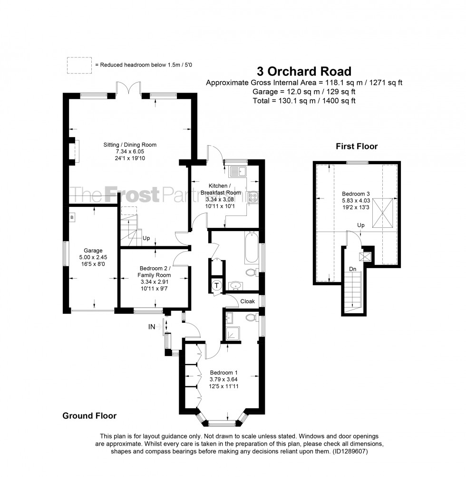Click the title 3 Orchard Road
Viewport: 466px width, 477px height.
[x=304, y=71]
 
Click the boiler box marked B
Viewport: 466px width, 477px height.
[x=72, y=217]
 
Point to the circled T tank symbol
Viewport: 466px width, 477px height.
[x=217, y=286]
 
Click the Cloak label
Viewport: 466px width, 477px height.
[x=247, y=301]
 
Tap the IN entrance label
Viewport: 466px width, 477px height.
[x=152, y=327]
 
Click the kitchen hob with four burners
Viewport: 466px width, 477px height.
[x=252, y=197]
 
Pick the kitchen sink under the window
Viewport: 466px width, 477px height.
[x=237, y=171]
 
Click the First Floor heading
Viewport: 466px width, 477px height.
[x=357, y=146]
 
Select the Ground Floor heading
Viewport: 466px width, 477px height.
[x=89, y=416]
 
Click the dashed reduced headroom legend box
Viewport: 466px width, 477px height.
[x=79, y=65]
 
